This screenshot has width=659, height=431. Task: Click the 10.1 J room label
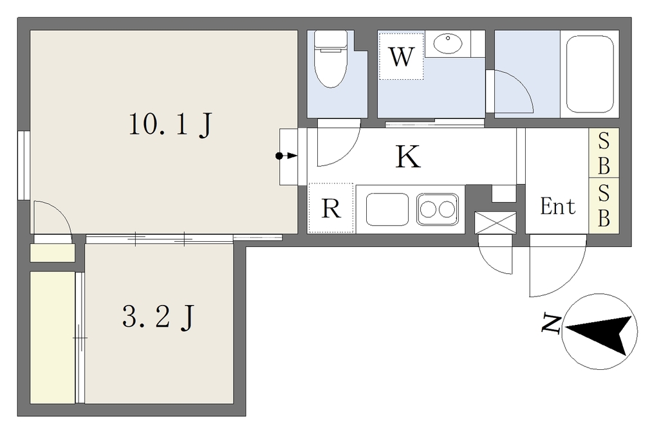pos(170,125)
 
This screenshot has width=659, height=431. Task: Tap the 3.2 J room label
pos(158,316)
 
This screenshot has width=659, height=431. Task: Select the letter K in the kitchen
pos(407,157)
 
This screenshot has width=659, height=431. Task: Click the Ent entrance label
pos(558,206)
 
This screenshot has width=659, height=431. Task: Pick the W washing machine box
pos(401,57)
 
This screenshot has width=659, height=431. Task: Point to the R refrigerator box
pos(331,208)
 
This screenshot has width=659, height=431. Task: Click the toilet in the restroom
pos(331,59)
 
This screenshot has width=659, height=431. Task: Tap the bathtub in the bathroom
pos(589,74)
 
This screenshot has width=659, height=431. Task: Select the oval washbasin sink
pos(448,43)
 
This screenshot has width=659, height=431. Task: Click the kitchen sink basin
pos(387,209)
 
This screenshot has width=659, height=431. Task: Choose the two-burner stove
pos(438,209)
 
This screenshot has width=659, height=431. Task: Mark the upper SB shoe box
pos(604,153)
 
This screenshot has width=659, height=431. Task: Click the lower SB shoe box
pos(604,206)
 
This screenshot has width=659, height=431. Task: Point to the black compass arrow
pos(599,332)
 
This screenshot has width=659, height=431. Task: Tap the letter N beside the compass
pos(551,323)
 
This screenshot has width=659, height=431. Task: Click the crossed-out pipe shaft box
pos(495,223)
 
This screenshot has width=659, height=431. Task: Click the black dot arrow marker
pos(286,156)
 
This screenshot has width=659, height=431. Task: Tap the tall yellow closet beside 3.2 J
pos(53,338)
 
